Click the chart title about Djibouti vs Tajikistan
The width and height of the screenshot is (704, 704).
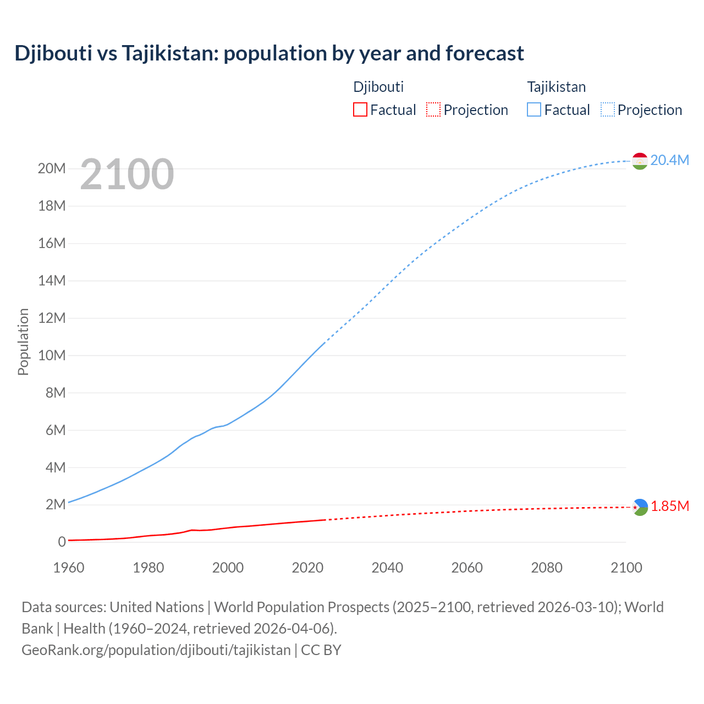coord(269,53)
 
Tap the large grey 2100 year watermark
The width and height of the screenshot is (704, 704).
coord(127,174)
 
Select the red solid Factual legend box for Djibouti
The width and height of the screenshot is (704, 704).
coord(360,109)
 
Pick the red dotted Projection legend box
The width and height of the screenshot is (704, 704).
coord(433,109)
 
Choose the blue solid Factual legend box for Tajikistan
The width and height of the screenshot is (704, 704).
coord(533,109)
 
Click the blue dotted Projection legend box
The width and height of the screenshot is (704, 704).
coord(608,109)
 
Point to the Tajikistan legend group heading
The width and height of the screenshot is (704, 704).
coord(556,87)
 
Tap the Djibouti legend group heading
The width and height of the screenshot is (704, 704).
coord(378,87)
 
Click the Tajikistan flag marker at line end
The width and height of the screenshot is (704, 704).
coord(639,161)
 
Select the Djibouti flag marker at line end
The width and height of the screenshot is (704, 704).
coord(640,507)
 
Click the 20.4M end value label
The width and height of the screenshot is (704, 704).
coord(669,160)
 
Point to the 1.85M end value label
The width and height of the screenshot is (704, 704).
coord(669,506)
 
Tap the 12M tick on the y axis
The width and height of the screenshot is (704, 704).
coord(52,318)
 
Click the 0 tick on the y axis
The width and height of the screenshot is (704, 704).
coord(62,542)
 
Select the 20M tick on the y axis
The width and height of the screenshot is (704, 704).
coord(52,168)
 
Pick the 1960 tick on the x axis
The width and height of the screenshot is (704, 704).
coord(69,568)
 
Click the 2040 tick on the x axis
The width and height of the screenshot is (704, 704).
coord(387,568)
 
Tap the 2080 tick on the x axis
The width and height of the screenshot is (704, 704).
coord(547,568)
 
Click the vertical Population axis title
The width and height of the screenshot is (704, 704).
coord(23,342)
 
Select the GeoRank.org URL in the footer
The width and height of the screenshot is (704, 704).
coord(156,650)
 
